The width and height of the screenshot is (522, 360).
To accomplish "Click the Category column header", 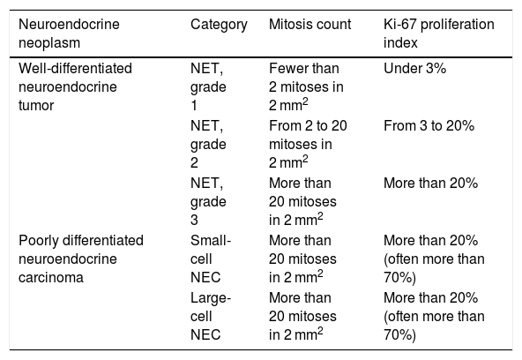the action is coord(219,25).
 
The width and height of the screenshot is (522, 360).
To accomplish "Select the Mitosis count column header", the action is coord(310,25).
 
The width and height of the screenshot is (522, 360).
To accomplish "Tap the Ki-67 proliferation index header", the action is coord(439,34).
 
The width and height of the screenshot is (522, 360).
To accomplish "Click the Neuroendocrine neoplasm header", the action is coord(69,34).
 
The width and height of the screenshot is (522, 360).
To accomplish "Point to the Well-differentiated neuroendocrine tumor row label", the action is coord(75,87).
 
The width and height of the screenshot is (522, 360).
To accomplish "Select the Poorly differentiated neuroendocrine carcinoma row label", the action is coord(81,259).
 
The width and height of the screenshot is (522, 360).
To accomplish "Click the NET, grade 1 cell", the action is coord(208,87).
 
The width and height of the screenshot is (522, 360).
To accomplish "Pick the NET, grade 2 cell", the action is coord(208,144).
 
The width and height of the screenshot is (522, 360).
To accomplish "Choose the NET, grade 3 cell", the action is coord(208,201).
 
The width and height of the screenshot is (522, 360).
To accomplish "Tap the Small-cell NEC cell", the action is coord(211,259).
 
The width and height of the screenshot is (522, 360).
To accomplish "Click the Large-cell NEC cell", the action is coord(211,316).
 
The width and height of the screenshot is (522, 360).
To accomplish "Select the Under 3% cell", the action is coord(414,69).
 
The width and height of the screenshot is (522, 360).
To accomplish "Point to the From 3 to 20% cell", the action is coord(429,126).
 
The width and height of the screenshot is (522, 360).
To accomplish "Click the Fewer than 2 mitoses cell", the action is coord(306,87).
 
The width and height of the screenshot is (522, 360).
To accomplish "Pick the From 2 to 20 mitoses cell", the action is coord(308,144).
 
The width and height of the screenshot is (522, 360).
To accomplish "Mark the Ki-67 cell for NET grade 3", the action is coord(431,184).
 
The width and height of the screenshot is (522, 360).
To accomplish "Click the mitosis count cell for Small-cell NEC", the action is coord(302,259).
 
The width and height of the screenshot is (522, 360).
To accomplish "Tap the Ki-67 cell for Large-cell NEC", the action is coord(434,316).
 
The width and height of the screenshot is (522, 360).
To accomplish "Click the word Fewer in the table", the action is coord(289,69).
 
